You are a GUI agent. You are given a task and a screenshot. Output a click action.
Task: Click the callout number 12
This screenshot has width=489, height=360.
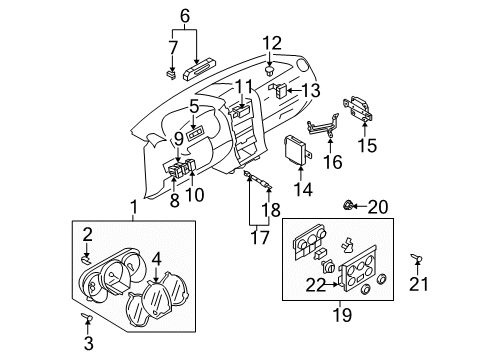click(x=272, y=43)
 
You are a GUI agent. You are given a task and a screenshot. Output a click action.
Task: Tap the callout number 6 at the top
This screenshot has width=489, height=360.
click(x=185, y=16)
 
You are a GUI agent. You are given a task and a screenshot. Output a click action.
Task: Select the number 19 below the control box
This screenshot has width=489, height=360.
click(x=342, y=315)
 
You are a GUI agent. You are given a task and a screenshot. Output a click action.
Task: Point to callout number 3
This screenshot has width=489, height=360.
click(x=89, y=343)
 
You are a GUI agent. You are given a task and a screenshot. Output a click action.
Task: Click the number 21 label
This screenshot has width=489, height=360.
click(x=419, y=284)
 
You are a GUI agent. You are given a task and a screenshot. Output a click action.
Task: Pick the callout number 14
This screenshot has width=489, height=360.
click(x=303, y=189)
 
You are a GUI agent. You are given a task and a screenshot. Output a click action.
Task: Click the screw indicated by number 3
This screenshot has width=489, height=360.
click(x=87, y=317)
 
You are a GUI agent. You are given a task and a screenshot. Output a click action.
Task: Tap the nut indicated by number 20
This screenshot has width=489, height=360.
click(x=348, y=205)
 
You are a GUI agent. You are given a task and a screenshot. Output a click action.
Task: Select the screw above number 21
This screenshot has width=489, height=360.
click(x=416, y=258)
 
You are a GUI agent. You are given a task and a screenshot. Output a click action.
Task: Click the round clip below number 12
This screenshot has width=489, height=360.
click(x=269, y=71)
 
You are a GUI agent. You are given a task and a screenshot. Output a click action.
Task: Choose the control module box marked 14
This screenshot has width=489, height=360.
click(x=297, y=151)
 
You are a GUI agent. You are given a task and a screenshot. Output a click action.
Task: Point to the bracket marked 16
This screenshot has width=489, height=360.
click(x=322, y=126)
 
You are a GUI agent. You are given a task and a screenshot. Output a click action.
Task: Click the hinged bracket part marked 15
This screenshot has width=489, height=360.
click(x=358, y=108)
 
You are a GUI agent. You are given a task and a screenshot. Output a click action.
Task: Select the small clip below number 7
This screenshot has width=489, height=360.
click(x=171, y=75)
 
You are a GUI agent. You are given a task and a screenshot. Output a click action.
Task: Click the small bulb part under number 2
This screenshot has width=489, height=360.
click(x=86, y=259)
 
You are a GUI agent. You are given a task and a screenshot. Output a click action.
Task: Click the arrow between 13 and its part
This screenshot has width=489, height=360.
click(x=294, y=90)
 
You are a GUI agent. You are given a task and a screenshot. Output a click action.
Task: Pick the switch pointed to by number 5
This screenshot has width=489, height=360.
click(x=195, y=135)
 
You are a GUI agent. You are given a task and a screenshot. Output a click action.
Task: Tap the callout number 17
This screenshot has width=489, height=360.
click(x=260, y=238)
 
